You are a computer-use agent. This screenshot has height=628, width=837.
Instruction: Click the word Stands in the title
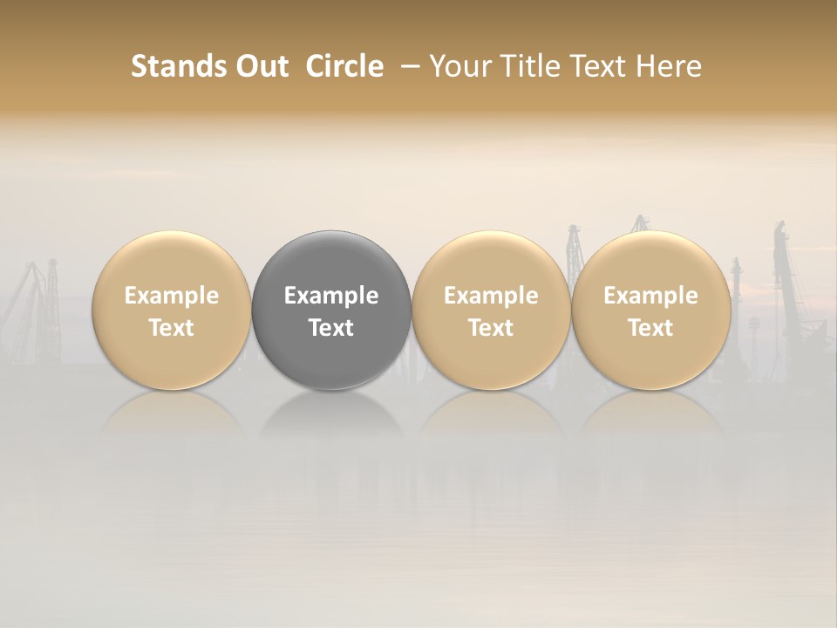[x=178, y=66]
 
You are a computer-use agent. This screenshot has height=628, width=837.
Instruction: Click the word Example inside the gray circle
[x=331, y=296]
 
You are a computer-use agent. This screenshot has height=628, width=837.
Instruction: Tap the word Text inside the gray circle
[x=331, y=328]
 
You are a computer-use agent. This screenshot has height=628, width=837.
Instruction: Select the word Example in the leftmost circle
[x=171, y=296]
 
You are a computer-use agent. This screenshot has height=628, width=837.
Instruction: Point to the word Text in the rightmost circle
[x=650, y=328]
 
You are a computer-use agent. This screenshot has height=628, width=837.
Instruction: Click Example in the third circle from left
[x=491, y=296]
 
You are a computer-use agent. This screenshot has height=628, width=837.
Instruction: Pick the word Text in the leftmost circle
[x=171, y=328]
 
